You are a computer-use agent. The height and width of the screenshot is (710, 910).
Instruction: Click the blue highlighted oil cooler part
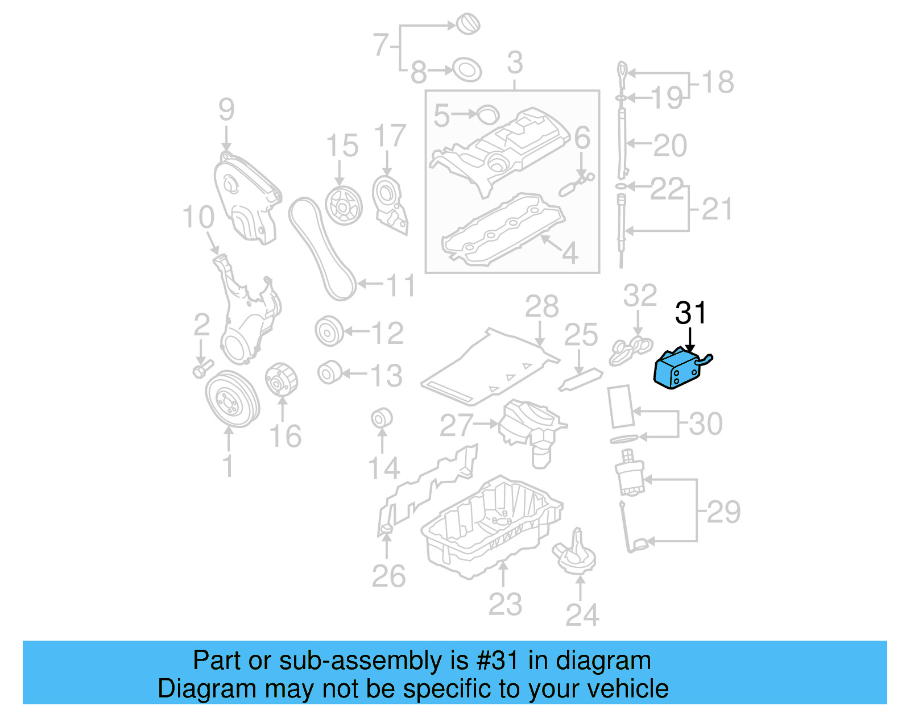click(x=677, y=369)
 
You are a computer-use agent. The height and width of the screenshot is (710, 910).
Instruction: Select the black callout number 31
click(x=690, y=313)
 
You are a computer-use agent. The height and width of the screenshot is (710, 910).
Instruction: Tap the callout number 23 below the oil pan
click(x=504, y=604)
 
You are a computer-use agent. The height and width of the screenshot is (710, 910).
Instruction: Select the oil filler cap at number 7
click(x=468, y=24)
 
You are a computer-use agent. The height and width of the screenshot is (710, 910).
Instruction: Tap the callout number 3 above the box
click(x=514, y=63)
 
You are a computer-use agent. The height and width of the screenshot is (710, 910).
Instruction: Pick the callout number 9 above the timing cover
click(x=226, y=109)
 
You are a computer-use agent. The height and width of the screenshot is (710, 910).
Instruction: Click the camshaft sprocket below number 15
click(x=344, y=205)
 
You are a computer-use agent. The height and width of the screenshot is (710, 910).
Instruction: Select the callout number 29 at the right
click(x=723, y=512)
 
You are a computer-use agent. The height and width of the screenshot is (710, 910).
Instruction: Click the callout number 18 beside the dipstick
click(x=718, y=82)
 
